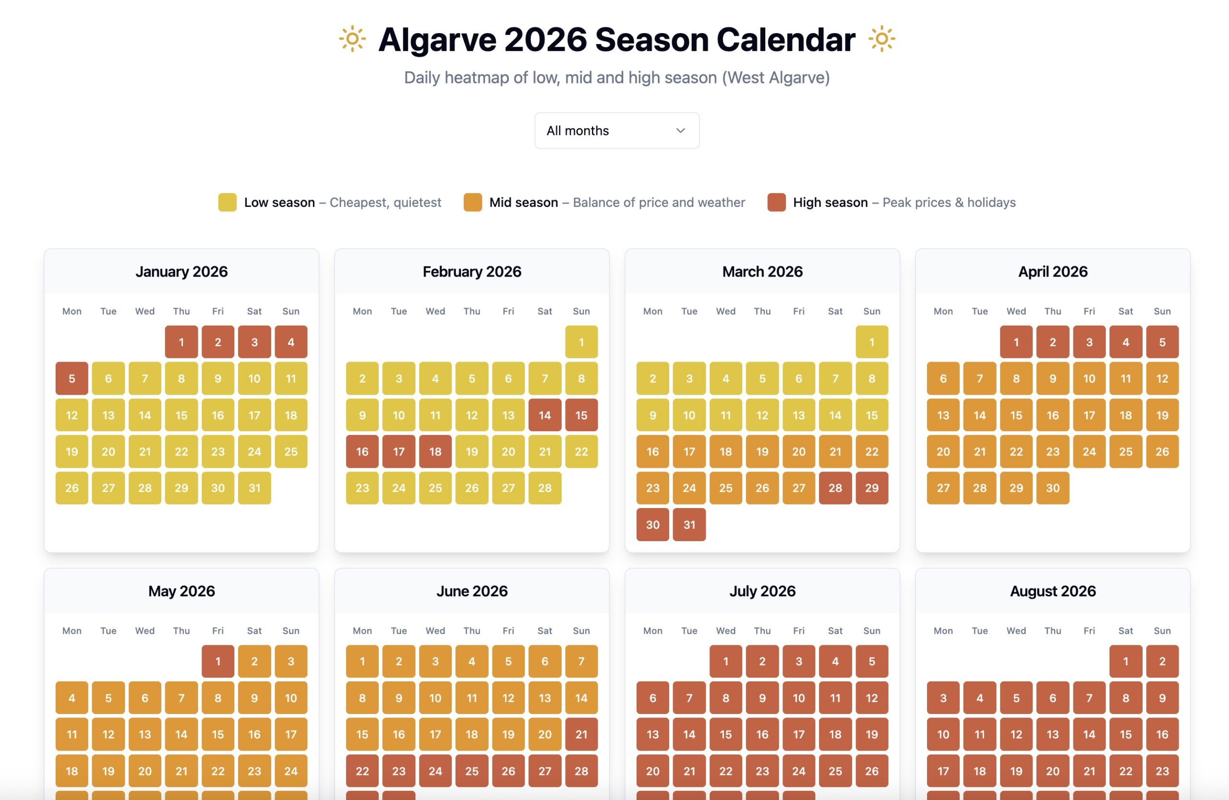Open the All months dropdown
[x=616, y=131]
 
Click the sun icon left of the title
[x=352, y=39]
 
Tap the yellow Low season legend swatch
[x=227, y=203]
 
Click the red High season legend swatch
[x=776, y=203]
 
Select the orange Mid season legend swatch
[x=472, y=203]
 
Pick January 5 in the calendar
[x=72, y=378]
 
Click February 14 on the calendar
[x=544, y=415]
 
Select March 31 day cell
[x=689, y=525]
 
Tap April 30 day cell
[x=1052, y=488]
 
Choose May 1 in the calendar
[x=218, y=661]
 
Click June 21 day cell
[x=581, y=734]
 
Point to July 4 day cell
[x=835, y=661]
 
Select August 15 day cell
[x=1126, y=734]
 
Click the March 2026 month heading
[x=762, y=272]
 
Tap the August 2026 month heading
[x=1052, y=591]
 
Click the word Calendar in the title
[x=785, y=40]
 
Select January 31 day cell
[x=254, y=488]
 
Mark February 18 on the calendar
[x=435, y=452]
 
